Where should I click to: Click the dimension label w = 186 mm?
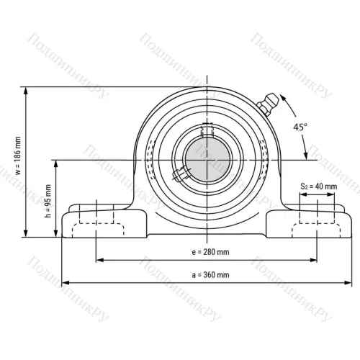(18, 156)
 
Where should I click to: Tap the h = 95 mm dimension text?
(48, 201)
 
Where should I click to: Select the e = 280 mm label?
(210, 252)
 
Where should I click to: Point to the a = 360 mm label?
(210, 275)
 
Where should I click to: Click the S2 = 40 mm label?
(319, 186)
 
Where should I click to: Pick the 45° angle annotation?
(300, 127)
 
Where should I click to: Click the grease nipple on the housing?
(268, 104)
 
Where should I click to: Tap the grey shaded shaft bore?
(207, 160)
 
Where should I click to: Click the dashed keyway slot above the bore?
(207, 130)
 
